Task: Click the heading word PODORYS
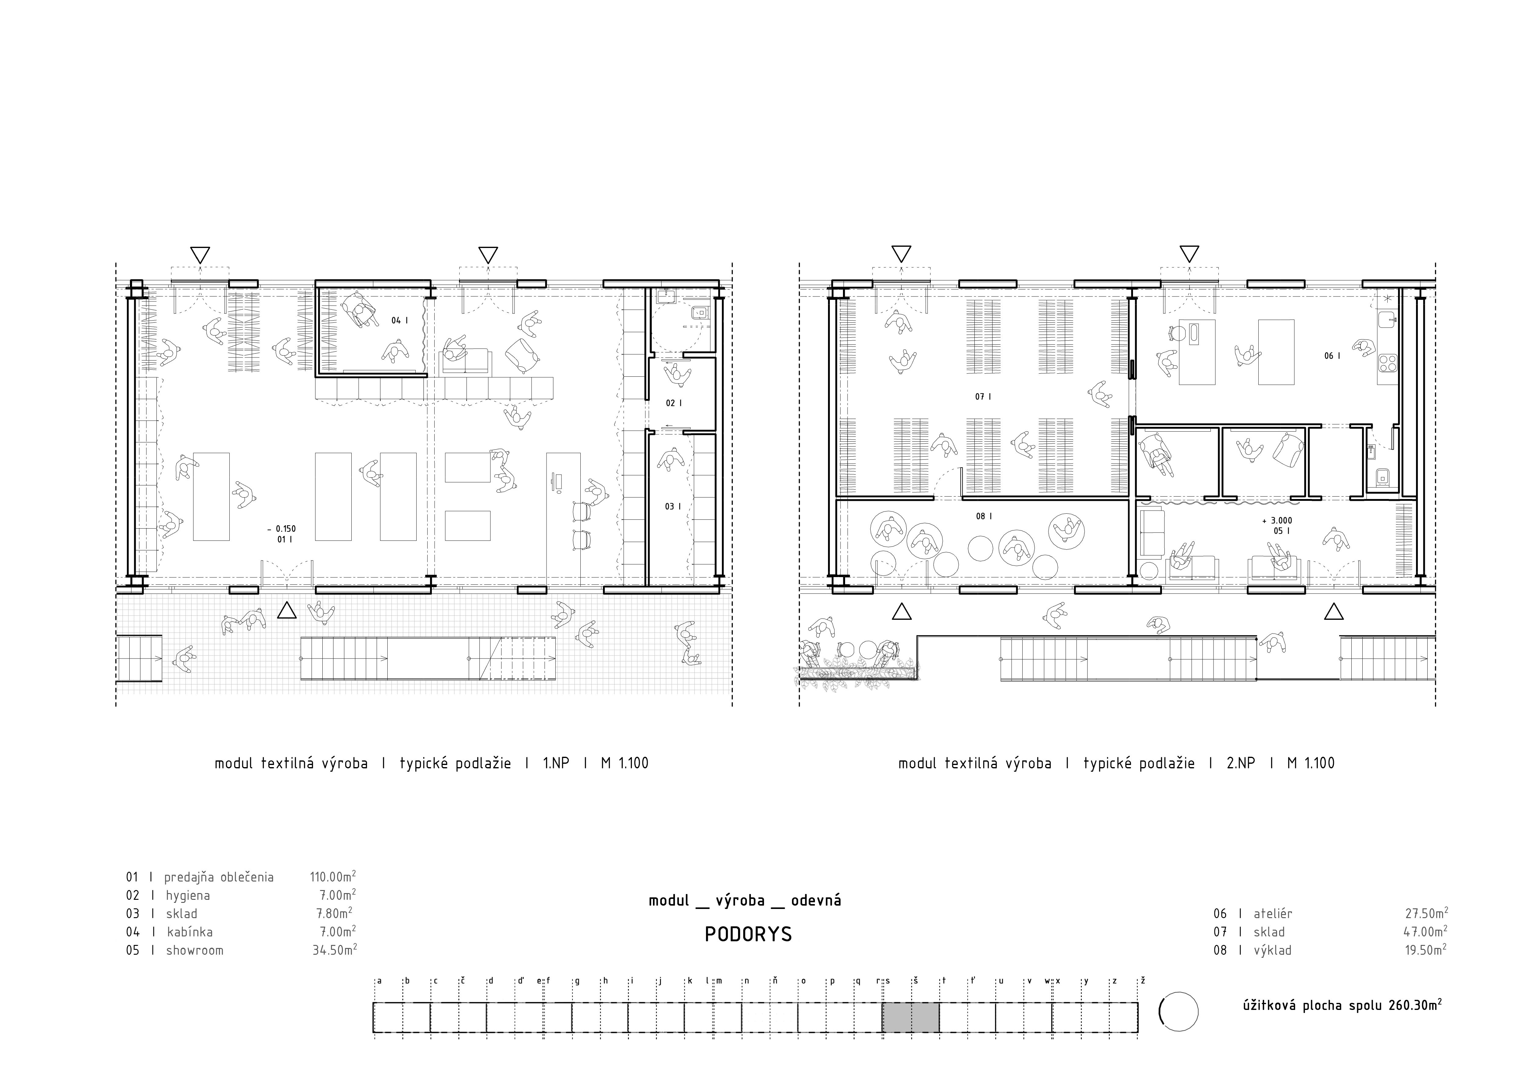click(748, 935)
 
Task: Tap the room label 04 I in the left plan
click(399, 321)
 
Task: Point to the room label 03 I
click(673, 507)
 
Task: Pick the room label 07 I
click(983, 397)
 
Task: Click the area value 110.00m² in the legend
click(333, 877)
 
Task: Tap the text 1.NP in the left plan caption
click(555, 764)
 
